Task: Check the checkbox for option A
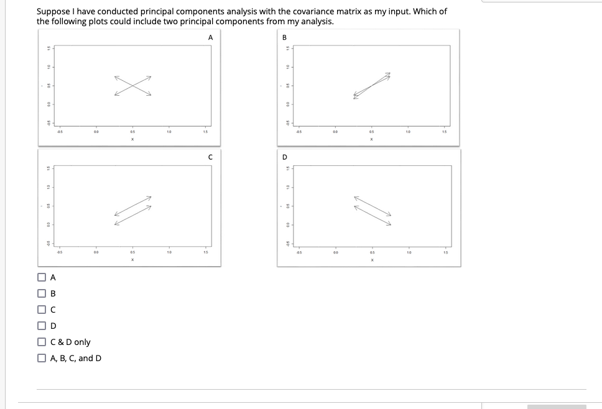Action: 42,277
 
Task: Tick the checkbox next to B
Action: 42,293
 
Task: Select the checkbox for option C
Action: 42,310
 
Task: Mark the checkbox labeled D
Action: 42,326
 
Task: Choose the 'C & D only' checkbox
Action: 42,342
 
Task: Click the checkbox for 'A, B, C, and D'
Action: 42,358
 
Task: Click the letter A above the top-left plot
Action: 210,37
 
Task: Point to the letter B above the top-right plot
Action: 285,37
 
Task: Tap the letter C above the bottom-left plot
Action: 210,157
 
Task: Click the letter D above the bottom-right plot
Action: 285,157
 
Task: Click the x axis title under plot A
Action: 132,139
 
